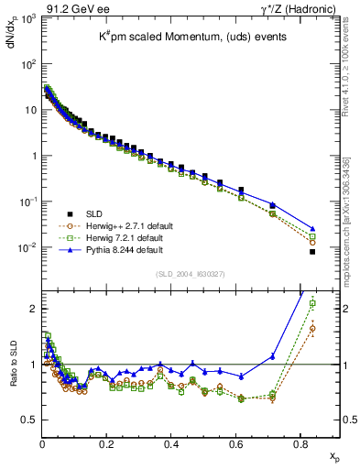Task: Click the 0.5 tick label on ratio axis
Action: coord(29,420)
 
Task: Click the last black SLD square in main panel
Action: coord(312,251)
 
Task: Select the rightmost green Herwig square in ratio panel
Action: coord(312,303)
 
